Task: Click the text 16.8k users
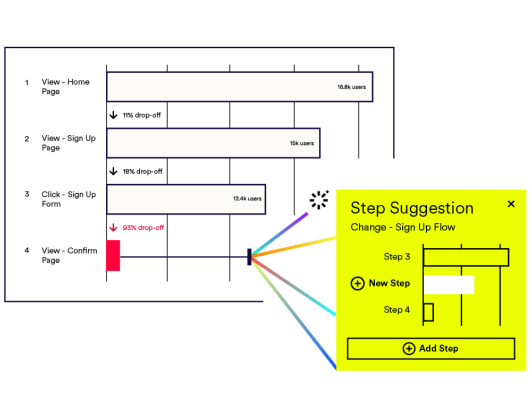click(351, 87)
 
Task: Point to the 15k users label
click(301, 143)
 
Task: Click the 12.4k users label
click(247, 199)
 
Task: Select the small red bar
click(113, 256)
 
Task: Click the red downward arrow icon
click(113, 228)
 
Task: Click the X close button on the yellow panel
click(511, 204)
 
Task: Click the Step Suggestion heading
click(411, 208)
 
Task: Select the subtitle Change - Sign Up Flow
click(403, 227)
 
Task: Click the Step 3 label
click(396, 257)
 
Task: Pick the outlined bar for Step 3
click(466, 257)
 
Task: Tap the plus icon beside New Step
click(358, 283)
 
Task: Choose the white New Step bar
click(449, 284)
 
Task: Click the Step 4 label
click(396, 310)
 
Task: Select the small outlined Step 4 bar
click(429, 312)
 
